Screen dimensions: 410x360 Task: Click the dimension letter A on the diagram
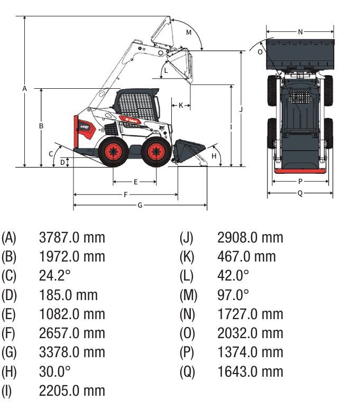click(24, 89)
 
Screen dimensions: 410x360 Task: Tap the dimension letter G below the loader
click(140, 205)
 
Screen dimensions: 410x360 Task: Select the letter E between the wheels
click(135, 182)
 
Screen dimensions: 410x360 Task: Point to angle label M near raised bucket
click(189, 33)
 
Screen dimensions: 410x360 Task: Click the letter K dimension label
click(181, 105)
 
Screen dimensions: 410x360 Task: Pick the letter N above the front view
click(300, 32)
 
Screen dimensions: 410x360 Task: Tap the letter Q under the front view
click(300, 193)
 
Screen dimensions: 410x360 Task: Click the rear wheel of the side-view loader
click(113, 152)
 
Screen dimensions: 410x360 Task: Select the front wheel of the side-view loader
click(156, 152)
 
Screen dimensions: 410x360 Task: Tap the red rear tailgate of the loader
click(77, 132)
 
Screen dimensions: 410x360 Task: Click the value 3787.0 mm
click(72, 238)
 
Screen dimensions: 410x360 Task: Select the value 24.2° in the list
click(55, 276)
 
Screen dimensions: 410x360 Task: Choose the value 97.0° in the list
click(233, 295)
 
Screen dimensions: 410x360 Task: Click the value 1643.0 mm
click(250, 371)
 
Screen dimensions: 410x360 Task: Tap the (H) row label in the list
click(9, 371)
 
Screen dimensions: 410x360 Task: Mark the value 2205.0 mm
click(72, 390)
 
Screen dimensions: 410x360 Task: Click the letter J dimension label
click(241, 109)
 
